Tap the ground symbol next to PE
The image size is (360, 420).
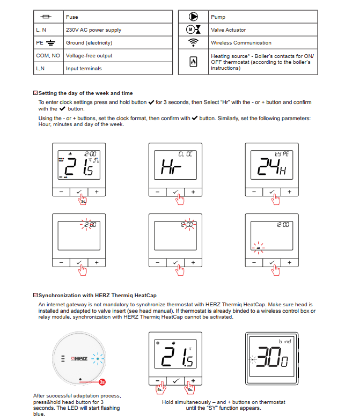(51, 43)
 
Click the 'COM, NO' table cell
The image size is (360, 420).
(48, 56)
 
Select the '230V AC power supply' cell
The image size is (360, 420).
(93, 30)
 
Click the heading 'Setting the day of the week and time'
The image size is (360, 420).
(85, 93)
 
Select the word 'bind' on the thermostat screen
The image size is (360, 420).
(284, 341)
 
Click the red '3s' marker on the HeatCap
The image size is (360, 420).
(102, 382)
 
